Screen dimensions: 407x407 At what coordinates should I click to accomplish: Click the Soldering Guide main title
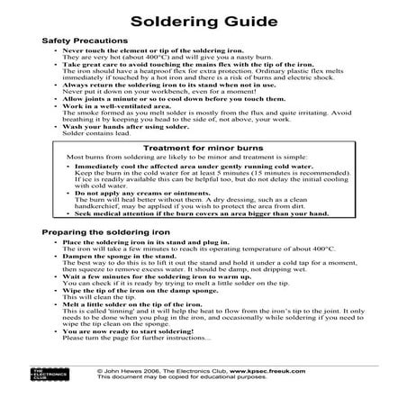pos(203,21)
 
